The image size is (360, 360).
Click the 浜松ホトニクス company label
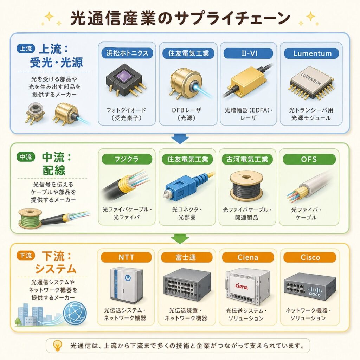127,53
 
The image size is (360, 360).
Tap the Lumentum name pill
311,53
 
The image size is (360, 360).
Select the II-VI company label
249,53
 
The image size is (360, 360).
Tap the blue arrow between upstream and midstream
180,139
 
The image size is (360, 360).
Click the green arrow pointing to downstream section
180,239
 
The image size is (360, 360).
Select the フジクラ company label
127,159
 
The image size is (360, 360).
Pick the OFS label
309,159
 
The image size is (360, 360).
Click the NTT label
126,257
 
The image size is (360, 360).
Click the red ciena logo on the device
242,286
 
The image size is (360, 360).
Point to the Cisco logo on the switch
315,291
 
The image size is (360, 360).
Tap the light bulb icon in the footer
57,345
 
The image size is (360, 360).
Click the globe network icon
75,313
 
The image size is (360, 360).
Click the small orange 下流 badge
26,255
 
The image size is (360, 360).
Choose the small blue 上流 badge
26,49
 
